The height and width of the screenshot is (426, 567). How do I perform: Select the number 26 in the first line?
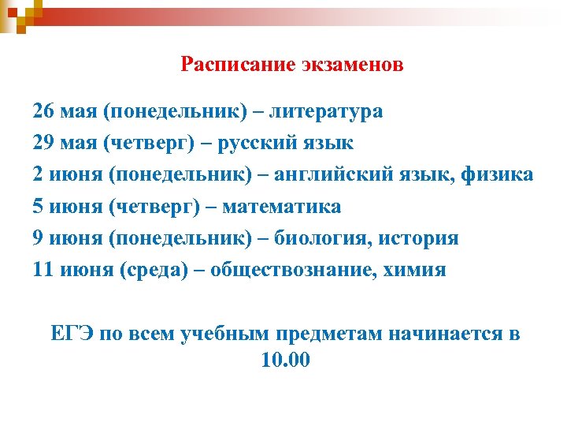pyautogui.click(x=44, y=111)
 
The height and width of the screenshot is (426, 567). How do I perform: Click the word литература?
pyautogui.click(x=326, y=111)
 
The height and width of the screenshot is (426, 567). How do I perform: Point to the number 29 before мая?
pyautogui.click(x=44, y=143)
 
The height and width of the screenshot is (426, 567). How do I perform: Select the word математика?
pyautogui.click(x=282, y=207)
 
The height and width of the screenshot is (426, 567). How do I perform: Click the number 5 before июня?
pyautogui.click(x=38, y=207)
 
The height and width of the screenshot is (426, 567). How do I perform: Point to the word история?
pyautogui.click(x=416, y=238)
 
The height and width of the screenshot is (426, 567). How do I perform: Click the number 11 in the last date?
pyautogui.click(x=43, y=270)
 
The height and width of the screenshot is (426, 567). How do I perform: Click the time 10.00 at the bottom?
pyautogui.click(x=284, y=361)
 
